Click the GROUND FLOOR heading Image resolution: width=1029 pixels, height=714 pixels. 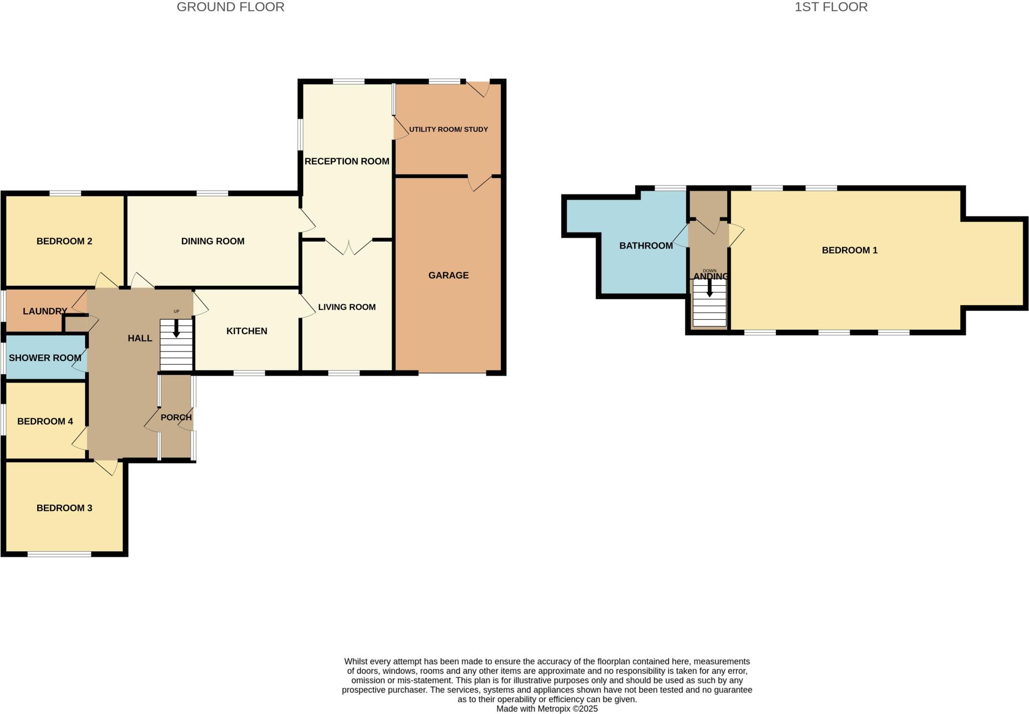230,7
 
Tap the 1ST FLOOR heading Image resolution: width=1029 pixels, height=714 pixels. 831,7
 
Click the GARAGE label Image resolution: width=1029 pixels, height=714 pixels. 448,275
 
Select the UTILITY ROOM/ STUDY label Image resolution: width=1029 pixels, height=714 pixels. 448,130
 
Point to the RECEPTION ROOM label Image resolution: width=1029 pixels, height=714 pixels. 347,161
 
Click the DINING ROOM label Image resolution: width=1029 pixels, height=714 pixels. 213,241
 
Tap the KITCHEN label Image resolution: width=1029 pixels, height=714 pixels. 247,331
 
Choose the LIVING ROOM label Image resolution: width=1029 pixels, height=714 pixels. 347,307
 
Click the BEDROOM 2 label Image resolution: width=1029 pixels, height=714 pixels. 64,241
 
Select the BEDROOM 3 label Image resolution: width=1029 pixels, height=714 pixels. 64,508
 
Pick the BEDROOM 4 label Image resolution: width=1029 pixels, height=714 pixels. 45,421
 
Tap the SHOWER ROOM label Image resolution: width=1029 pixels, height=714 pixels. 45,358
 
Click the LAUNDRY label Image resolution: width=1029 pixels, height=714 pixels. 45,311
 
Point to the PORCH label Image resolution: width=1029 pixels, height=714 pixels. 176,417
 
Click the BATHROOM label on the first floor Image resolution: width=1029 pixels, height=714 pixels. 646,246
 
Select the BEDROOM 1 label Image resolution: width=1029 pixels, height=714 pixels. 849,250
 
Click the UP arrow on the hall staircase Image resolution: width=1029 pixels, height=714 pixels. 176,329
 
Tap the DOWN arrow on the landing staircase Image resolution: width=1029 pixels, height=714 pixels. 709,289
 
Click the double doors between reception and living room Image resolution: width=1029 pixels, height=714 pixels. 349,247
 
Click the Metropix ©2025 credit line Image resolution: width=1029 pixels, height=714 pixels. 547,709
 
